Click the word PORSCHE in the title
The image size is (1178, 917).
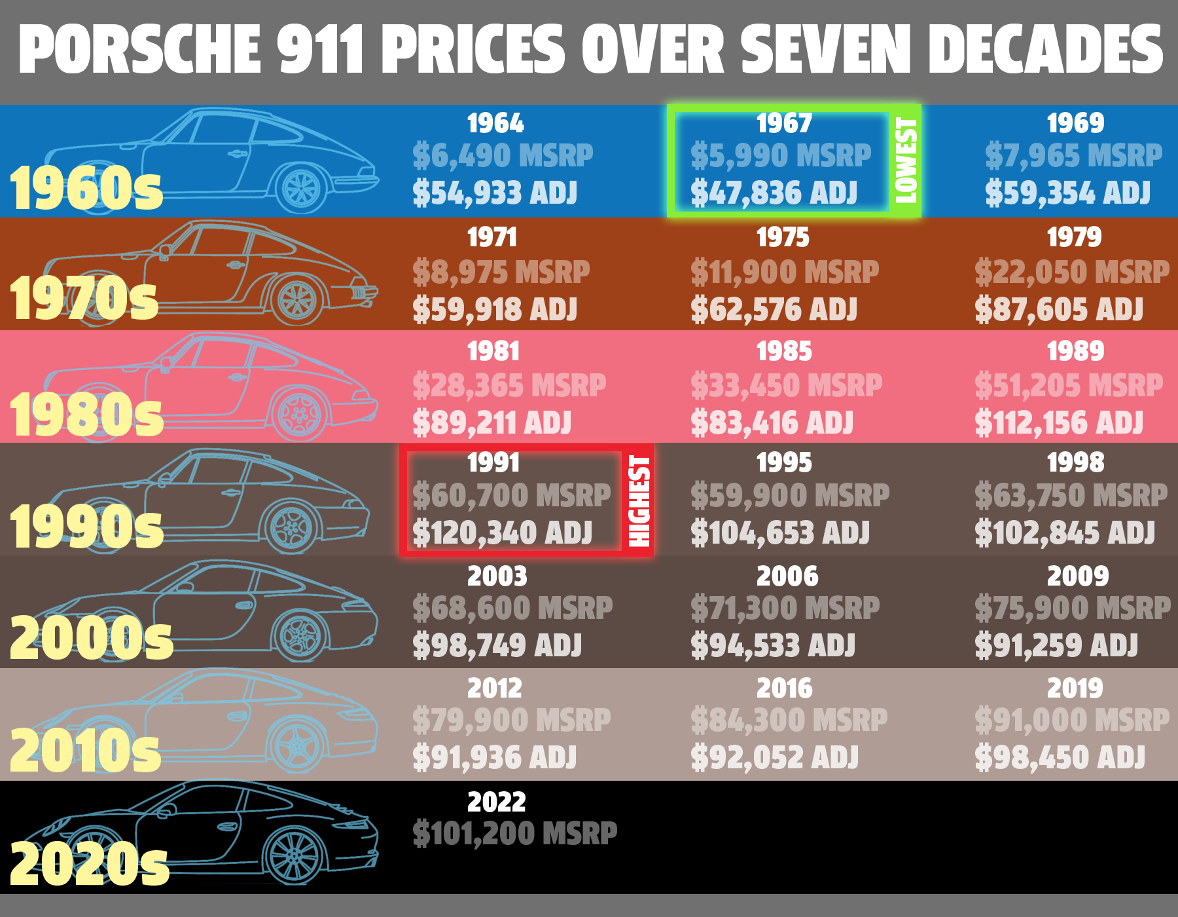pos(139,49)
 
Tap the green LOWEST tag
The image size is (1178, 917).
pos(906,160)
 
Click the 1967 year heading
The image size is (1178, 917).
pos(783,123)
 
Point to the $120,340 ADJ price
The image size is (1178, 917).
pos(502,533)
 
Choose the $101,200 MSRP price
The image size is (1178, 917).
pos(514,834)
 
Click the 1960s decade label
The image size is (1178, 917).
pos(86,188)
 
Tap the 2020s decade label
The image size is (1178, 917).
pos(90,864)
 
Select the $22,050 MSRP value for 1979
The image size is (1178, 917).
pos(1071,272)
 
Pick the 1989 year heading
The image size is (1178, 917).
pos(1075,351)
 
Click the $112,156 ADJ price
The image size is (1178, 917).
pos(1059,422)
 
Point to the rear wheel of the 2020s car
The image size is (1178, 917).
pos(294,855)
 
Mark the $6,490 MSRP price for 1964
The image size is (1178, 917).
pos(502,156)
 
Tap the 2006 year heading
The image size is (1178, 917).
pos(787,576)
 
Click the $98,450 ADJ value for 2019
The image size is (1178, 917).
pos(1060,758)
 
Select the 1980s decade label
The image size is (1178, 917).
pos(86,415)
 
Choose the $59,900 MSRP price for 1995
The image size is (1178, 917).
pos(790,496)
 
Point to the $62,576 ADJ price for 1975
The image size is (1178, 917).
pos(774,310)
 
